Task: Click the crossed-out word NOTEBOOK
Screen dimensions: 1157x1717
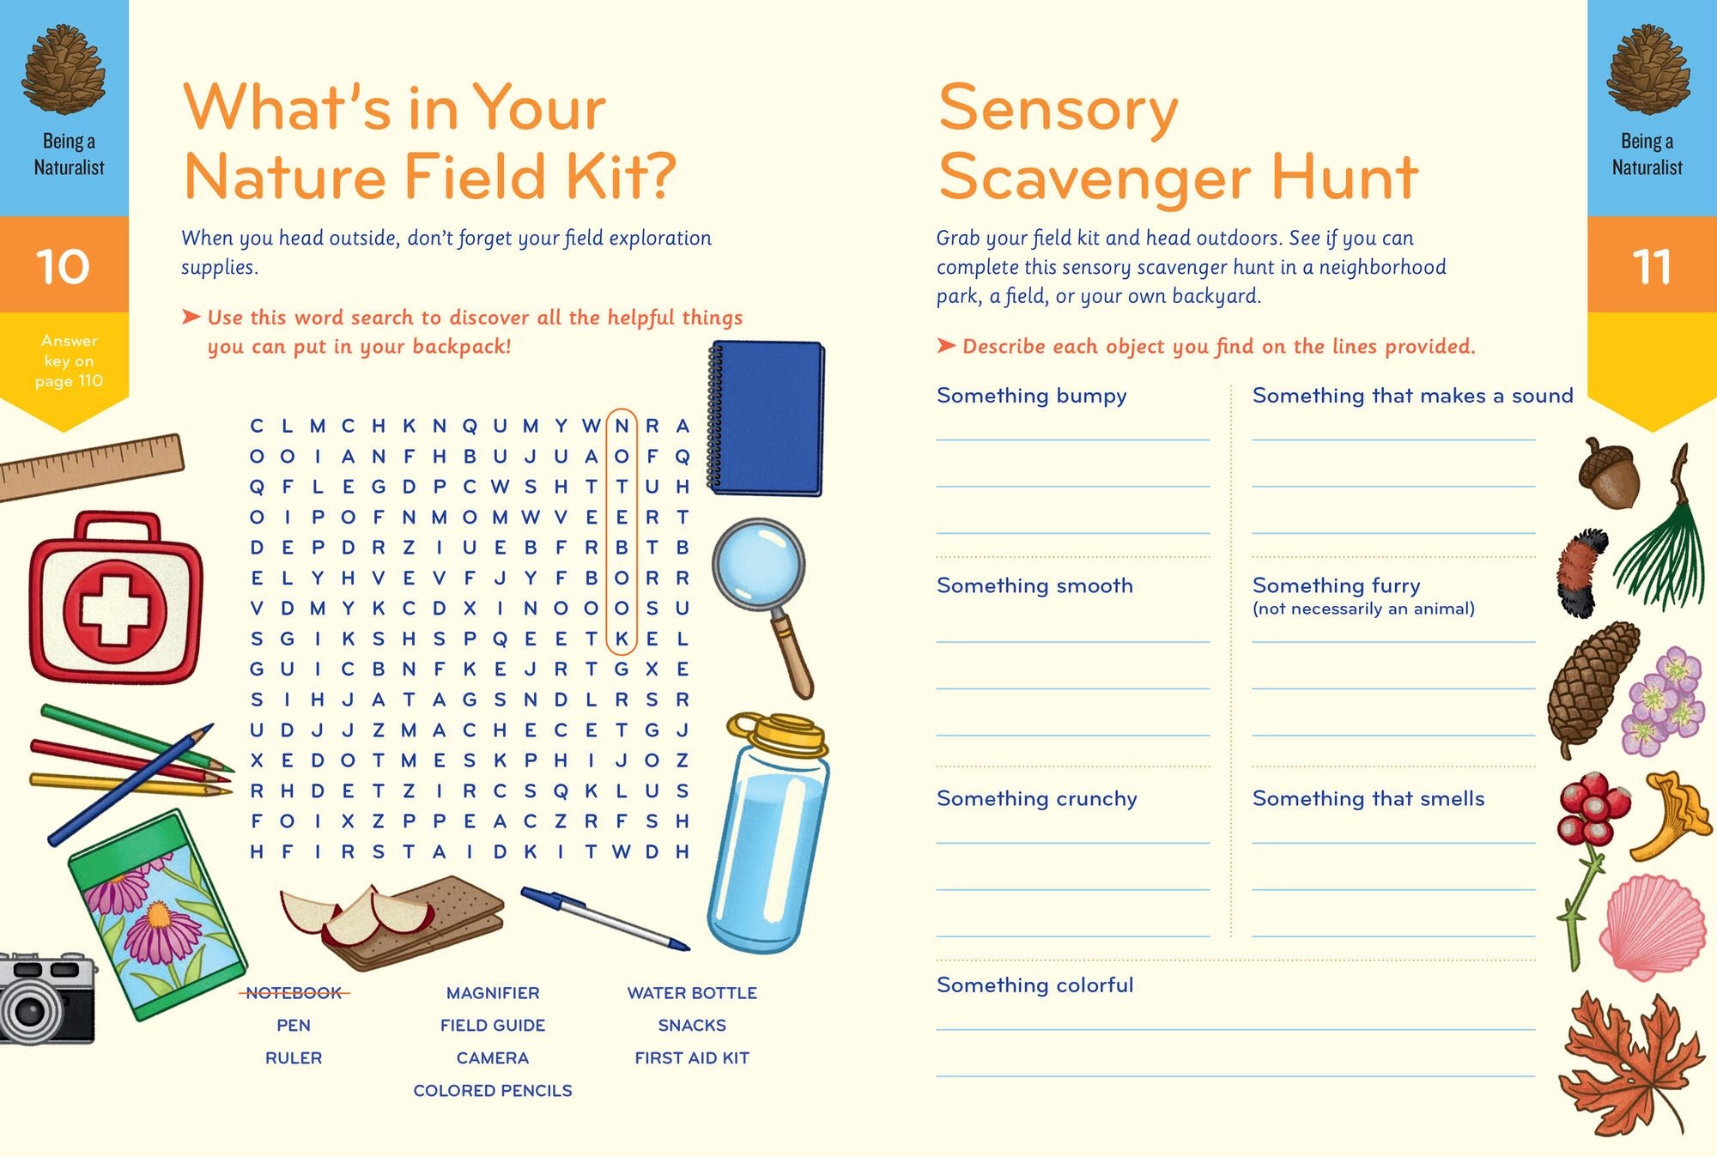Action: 294,993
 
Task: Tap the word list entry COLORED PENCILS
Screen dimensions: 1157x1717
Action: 493,1091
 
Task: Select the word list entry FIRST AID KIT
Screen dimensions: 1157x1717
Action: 692,1058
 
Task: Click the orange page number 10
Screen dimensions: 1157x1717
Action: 64,266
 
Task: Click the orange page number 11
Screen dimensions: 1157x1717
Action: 1651,267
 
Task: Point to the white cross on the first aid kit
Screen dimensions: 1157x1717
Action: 115,609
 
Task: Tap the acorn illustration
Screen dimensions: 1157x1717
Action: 1611,475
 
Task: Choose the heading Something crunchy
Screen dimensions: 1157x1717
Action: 1036,799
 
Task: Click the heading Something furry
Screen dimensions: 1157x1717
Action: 1336,586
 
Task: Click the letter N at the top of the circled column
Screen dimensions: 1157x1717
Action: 622,427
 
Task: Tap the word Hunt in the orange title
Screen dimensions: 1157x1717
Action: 1344,178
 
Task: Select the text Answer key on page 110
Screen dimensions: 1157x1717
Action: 69,361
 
